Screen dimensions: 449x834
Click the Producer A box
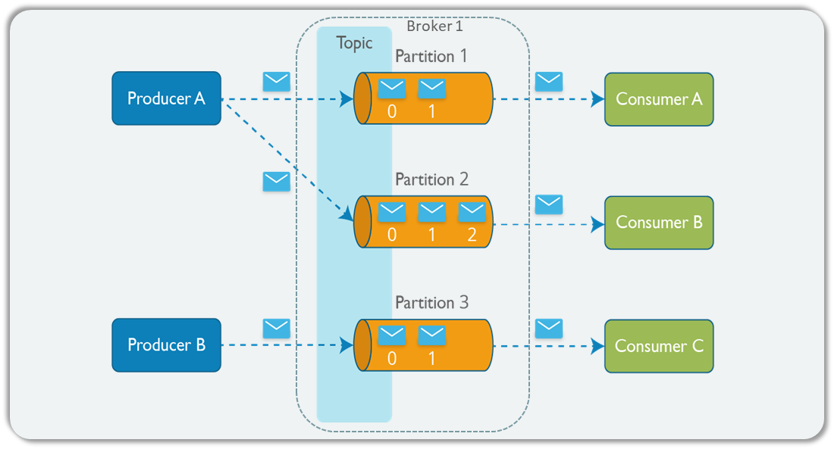(x=166, y=98)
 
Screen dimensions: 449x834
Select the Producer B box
(x=166, y=345)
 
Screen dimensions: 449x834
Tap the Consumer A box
(x=658, y=99)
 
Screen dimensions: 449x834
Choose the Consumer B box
(x=658, y=223)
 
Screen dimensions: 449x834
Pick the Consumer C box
(x=658, y=346)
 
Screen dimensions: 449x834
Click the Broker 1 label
(x=434, y=26)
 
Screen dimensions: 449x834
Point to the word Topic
(x=355, y=43)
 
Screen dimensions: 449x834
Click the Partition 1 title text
(x=431, y=56)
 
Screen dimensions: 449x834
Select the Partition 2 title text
(x=431, y=179)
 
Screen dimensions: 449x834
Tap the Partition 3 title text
(x=431, y=303)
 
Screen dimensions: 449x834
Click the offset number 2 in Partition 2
(x=472, y=235)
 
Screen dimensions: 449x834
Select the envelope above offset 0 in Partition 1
(x=392, y=89)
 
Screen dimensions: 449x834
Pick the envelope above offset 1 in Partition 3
(x=431, y=335)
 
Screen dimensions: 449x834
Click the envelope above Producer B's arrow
(x=276, y=328)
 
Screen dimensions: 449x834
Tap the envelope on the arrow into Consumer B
(x=548, y=204)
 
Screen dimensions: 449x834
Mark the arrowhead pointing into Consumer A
(x=597, y=99)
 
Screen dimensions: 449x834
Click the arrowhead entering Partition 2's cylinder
(x=346, y=215)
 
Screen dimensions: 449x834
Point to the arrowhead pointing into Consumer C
(x=597, y=346)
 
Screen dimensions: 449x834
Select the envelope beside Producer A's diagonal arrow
(x=276, y=182)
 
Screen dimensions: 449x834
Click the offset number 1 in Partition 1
(x=431, y=111)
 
